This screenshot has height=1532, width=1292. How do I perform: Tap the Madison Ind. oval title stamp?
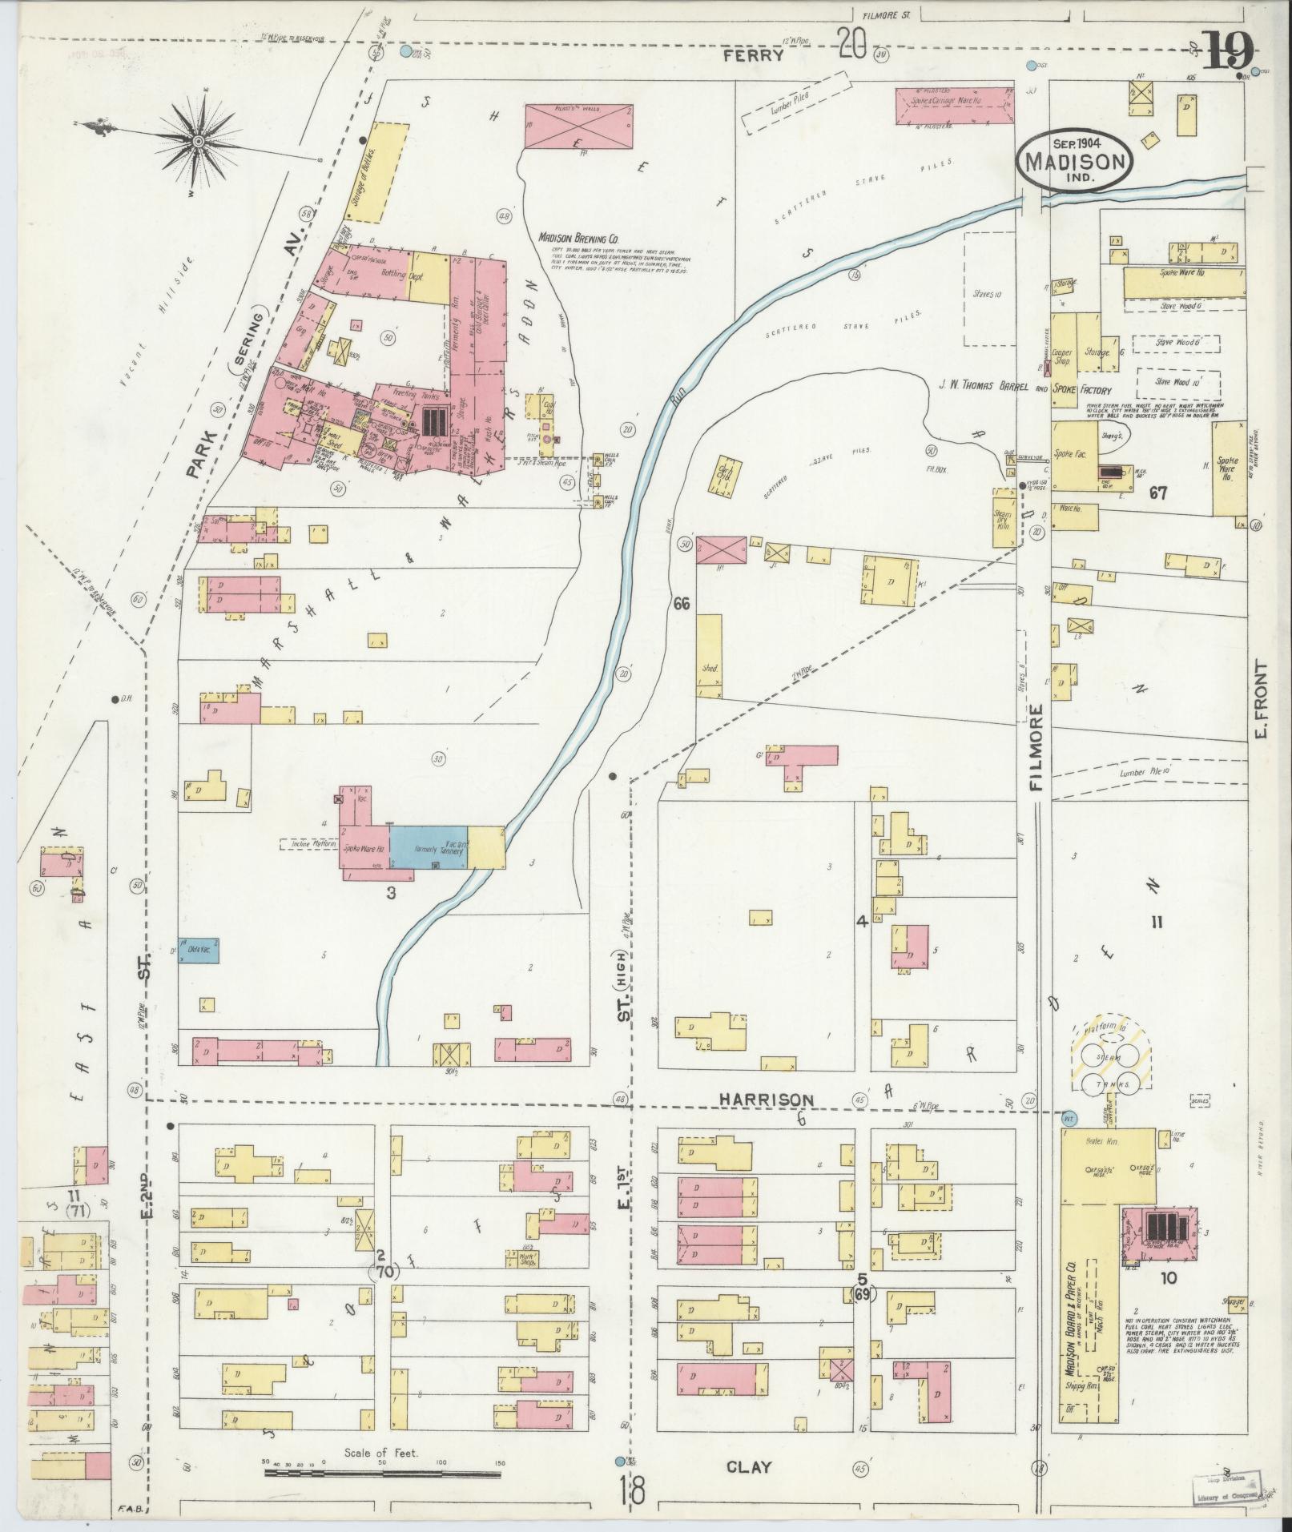tap(1075, 160)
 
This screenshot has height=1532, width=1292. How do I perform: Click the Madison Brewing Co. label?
tap(578, 239)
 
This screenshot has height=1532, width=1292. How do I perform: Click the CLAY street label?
tap(749, 1466)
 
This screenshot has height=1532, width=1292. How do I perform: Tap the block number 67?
tap(1157, 493)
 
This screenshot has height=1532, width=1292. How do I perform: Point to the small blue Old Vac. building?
tap(198, 950)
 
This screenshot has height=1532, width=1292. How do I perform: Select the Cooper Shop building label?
tap(1062, 356)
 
